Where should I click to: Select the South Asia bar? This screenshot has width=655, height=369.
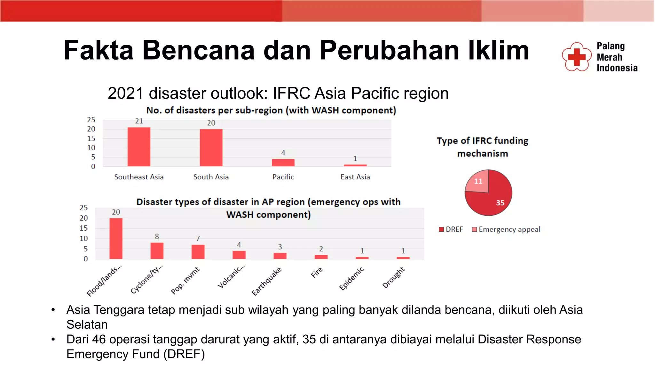point(211,148)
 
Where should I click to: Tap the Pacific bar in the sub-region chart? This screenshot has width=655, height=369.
point(283,162)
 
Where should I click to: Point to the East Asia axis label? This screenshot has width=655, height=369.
point(355,177)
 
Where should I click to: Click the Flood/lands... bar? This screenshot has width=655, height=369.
point(116,238)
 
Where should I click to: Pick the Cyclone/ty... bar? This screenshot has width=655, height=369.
point(157,250)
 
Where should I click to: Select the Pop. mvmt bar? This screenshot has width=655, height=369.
point(198,252)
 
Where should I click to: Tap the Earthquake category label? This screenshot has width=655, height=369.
point(267,281)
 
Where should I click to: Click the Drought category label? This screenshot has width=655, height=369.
point(394,277)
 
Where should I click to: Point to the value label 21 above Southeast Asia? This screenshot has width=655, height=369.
point(139,121)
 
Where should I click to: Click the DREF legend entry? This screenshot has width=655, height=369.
point(451,229)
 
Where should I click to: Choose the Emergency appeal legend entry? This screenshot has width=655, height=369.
point(506,229)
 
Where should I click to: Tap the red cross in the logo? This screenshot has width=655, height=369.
point(577,57)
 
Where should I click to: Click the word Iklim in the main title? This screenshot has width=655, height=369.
point(499,50)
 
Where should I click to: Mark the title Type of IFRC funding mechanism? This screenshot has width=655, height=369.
point(482,147)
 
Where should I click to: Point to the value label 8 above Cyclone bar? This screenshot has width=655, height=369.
point(157,236)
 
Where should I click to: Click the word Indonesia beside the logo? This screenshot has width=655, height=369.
point(617,68)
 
